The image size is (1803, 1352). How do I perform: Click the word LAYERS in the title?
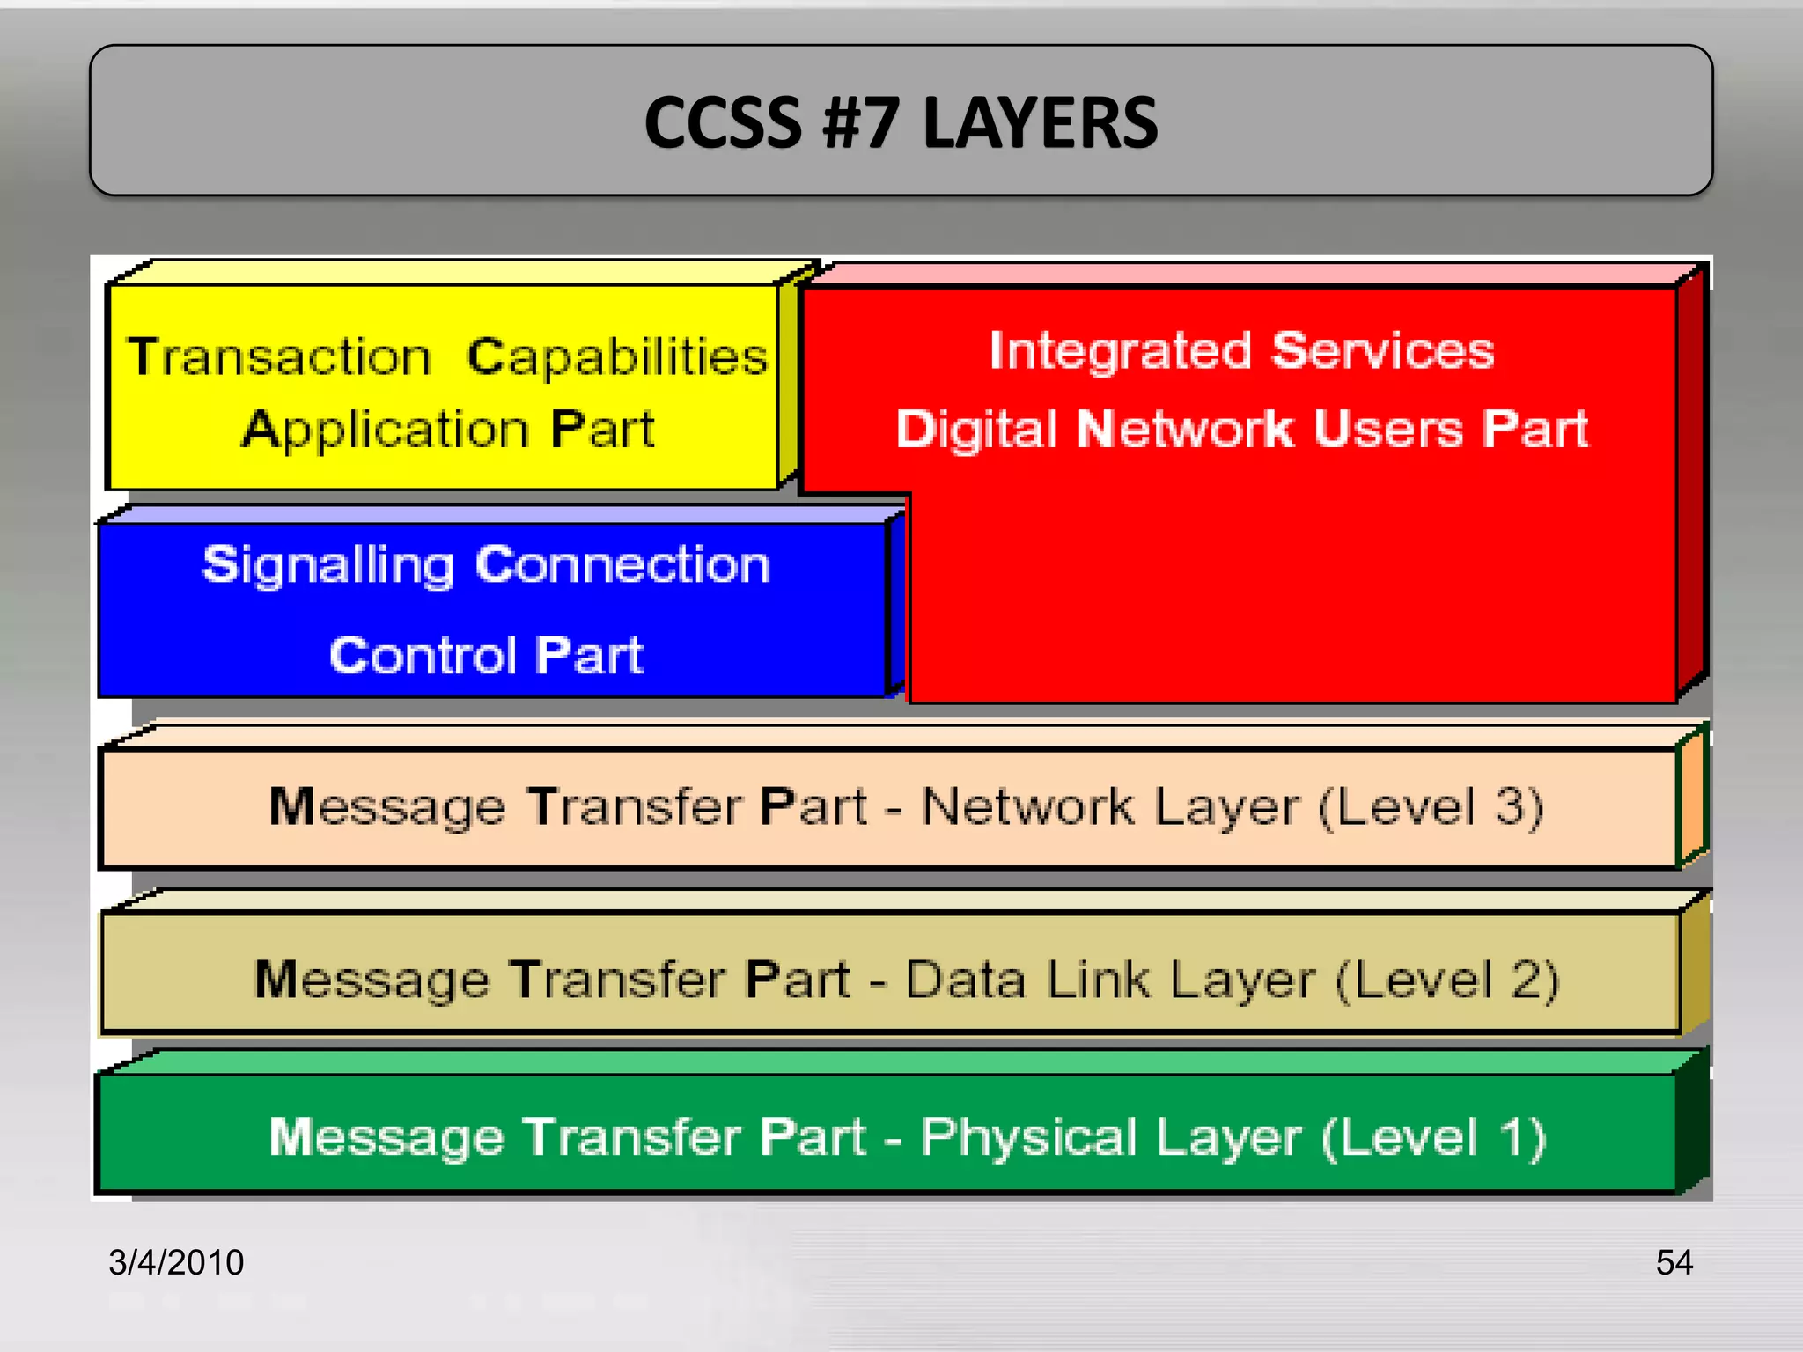coord(1040,123)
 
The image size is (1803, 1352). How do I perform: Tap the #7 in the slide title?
coord(860,123)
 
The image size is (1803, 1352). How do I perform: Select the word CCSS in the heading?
coord(722,123)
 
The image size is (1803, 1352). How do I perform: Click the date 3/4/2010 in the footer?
coord(176,1262)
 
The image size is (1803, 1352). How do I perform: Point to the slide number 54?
coord(1674,1262)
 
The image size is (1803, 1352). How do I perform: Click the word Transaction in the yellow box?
coord(279,357)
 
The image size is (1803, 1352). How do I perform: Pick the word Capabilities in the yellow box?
coord(617,357)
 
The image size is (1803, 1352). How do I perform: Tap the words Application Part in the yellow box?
coord(448,430)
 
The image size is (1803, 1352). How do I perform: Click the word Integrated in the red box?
coord(1119,350)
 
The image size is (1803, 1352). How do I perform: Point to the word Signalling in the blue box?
coord(327,565)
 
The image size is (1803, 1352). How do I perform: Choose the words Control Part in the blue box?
coord(486,656)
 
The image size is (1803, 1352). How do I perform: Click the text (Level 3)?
coord(1431,806)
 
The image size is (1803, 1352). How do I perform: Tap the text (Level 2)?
coord(1447,980)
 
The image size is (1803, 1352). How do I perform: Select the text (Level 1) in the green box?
coord(1434,1137)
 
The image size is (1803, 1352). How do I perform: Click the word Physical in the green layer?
coord(1029,1137)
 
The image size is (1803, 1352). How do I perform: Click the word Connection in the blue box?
coord(622,565)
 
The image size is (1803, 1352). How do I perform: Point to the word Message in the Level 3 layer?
coord(386,806)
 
